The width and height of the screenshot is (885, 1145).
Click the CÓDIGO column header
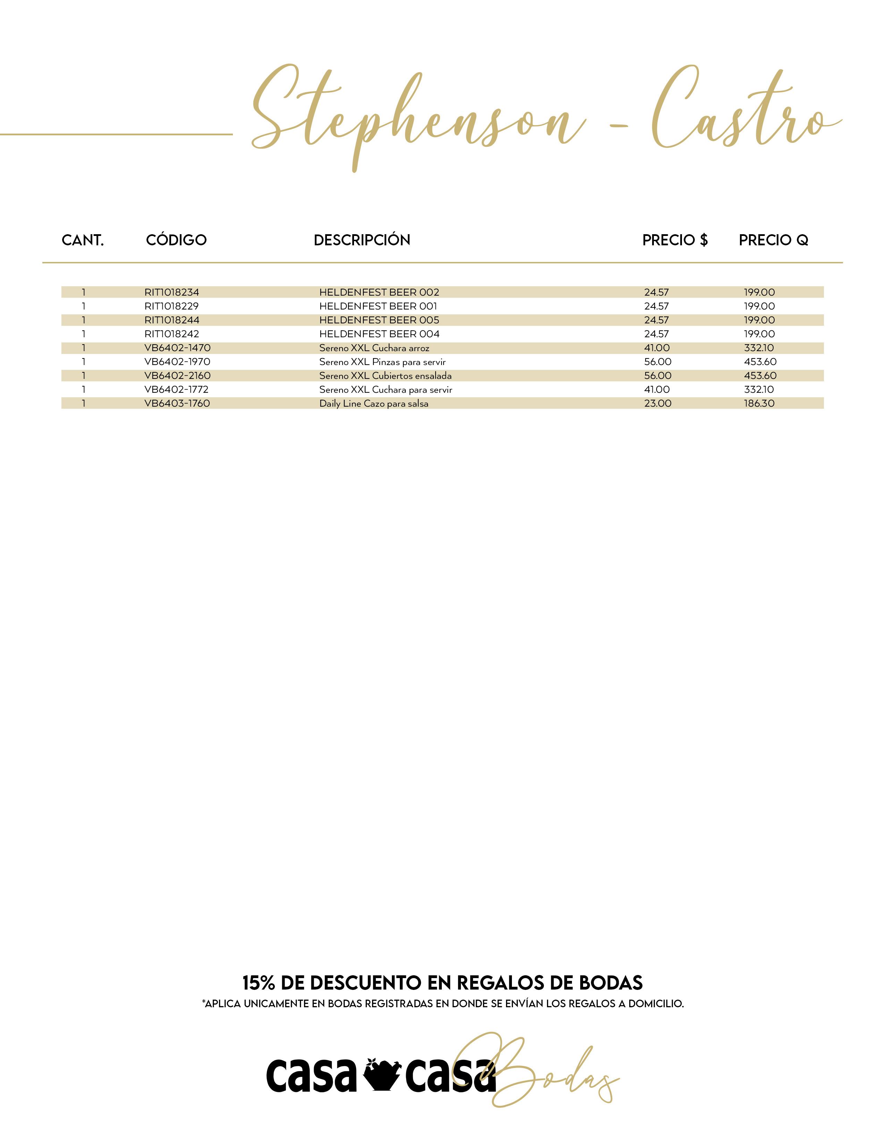pyautogui.click(x=176, y=240)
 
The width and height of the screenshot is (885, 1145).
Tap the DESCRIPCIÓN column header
pyautogui.click(x=362, y=240)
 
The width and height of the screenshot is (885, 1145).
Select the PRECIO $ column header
pyautogui.click(x=675, y=240)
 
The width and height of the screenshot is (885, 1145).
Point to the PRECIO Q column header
pyautogui.click(x=773, y=240)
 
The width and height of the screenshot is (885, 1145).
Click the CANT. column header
pyautogui.click(x=83, y=240)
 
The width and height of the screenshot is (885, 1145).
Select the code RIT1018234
pyautogui.click(x=171, y=292)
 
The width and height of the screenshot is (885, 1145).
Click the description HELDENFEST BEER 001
pyautogui.click(x=378, y=306)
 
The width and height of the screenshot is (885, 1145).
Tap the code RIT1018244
pyautogui.click(x=171, y=320)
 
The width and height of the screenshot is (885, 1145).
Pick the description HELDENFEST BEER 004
pyautogui.click(x=379, y=334)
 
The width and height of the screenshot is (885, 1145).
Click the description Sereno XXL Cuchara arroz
pyautogui.click(x=374, y=348)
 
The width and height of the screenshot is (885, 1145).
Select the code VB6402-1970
pyautogui.click(x=177, y=362)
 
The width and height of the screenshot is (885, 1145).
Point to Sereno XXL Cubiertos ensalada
pyautogui.click(x=385, y=376)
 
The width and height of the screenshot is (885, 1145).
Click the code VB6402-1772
pyautogui.click(x=176, y=390)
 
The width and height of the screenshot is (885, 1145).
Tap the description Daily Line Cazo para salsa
pyautogui.click(x=374, y=404)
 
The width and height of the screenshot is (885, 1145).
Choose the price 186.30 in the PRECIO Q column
pyautogui.click(x=759, y=404)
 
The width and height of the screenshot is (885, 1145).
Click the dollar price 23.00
pyautogui.click(x=657, y=404)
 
